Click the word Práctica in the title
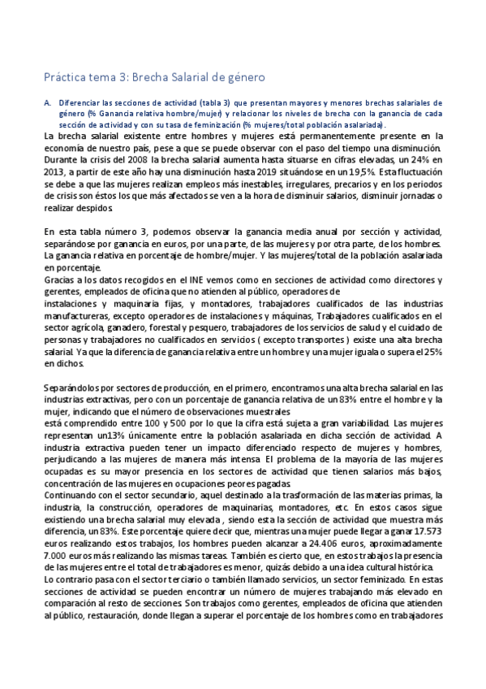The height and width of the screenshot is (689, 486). coord(65,77)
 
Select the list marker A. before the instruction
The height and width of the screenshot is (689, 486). coord(48,103)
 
